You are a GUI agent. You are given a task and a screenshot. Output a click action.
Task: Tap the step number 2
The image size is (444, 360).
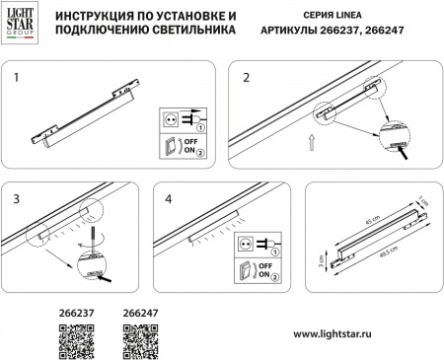245,76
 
